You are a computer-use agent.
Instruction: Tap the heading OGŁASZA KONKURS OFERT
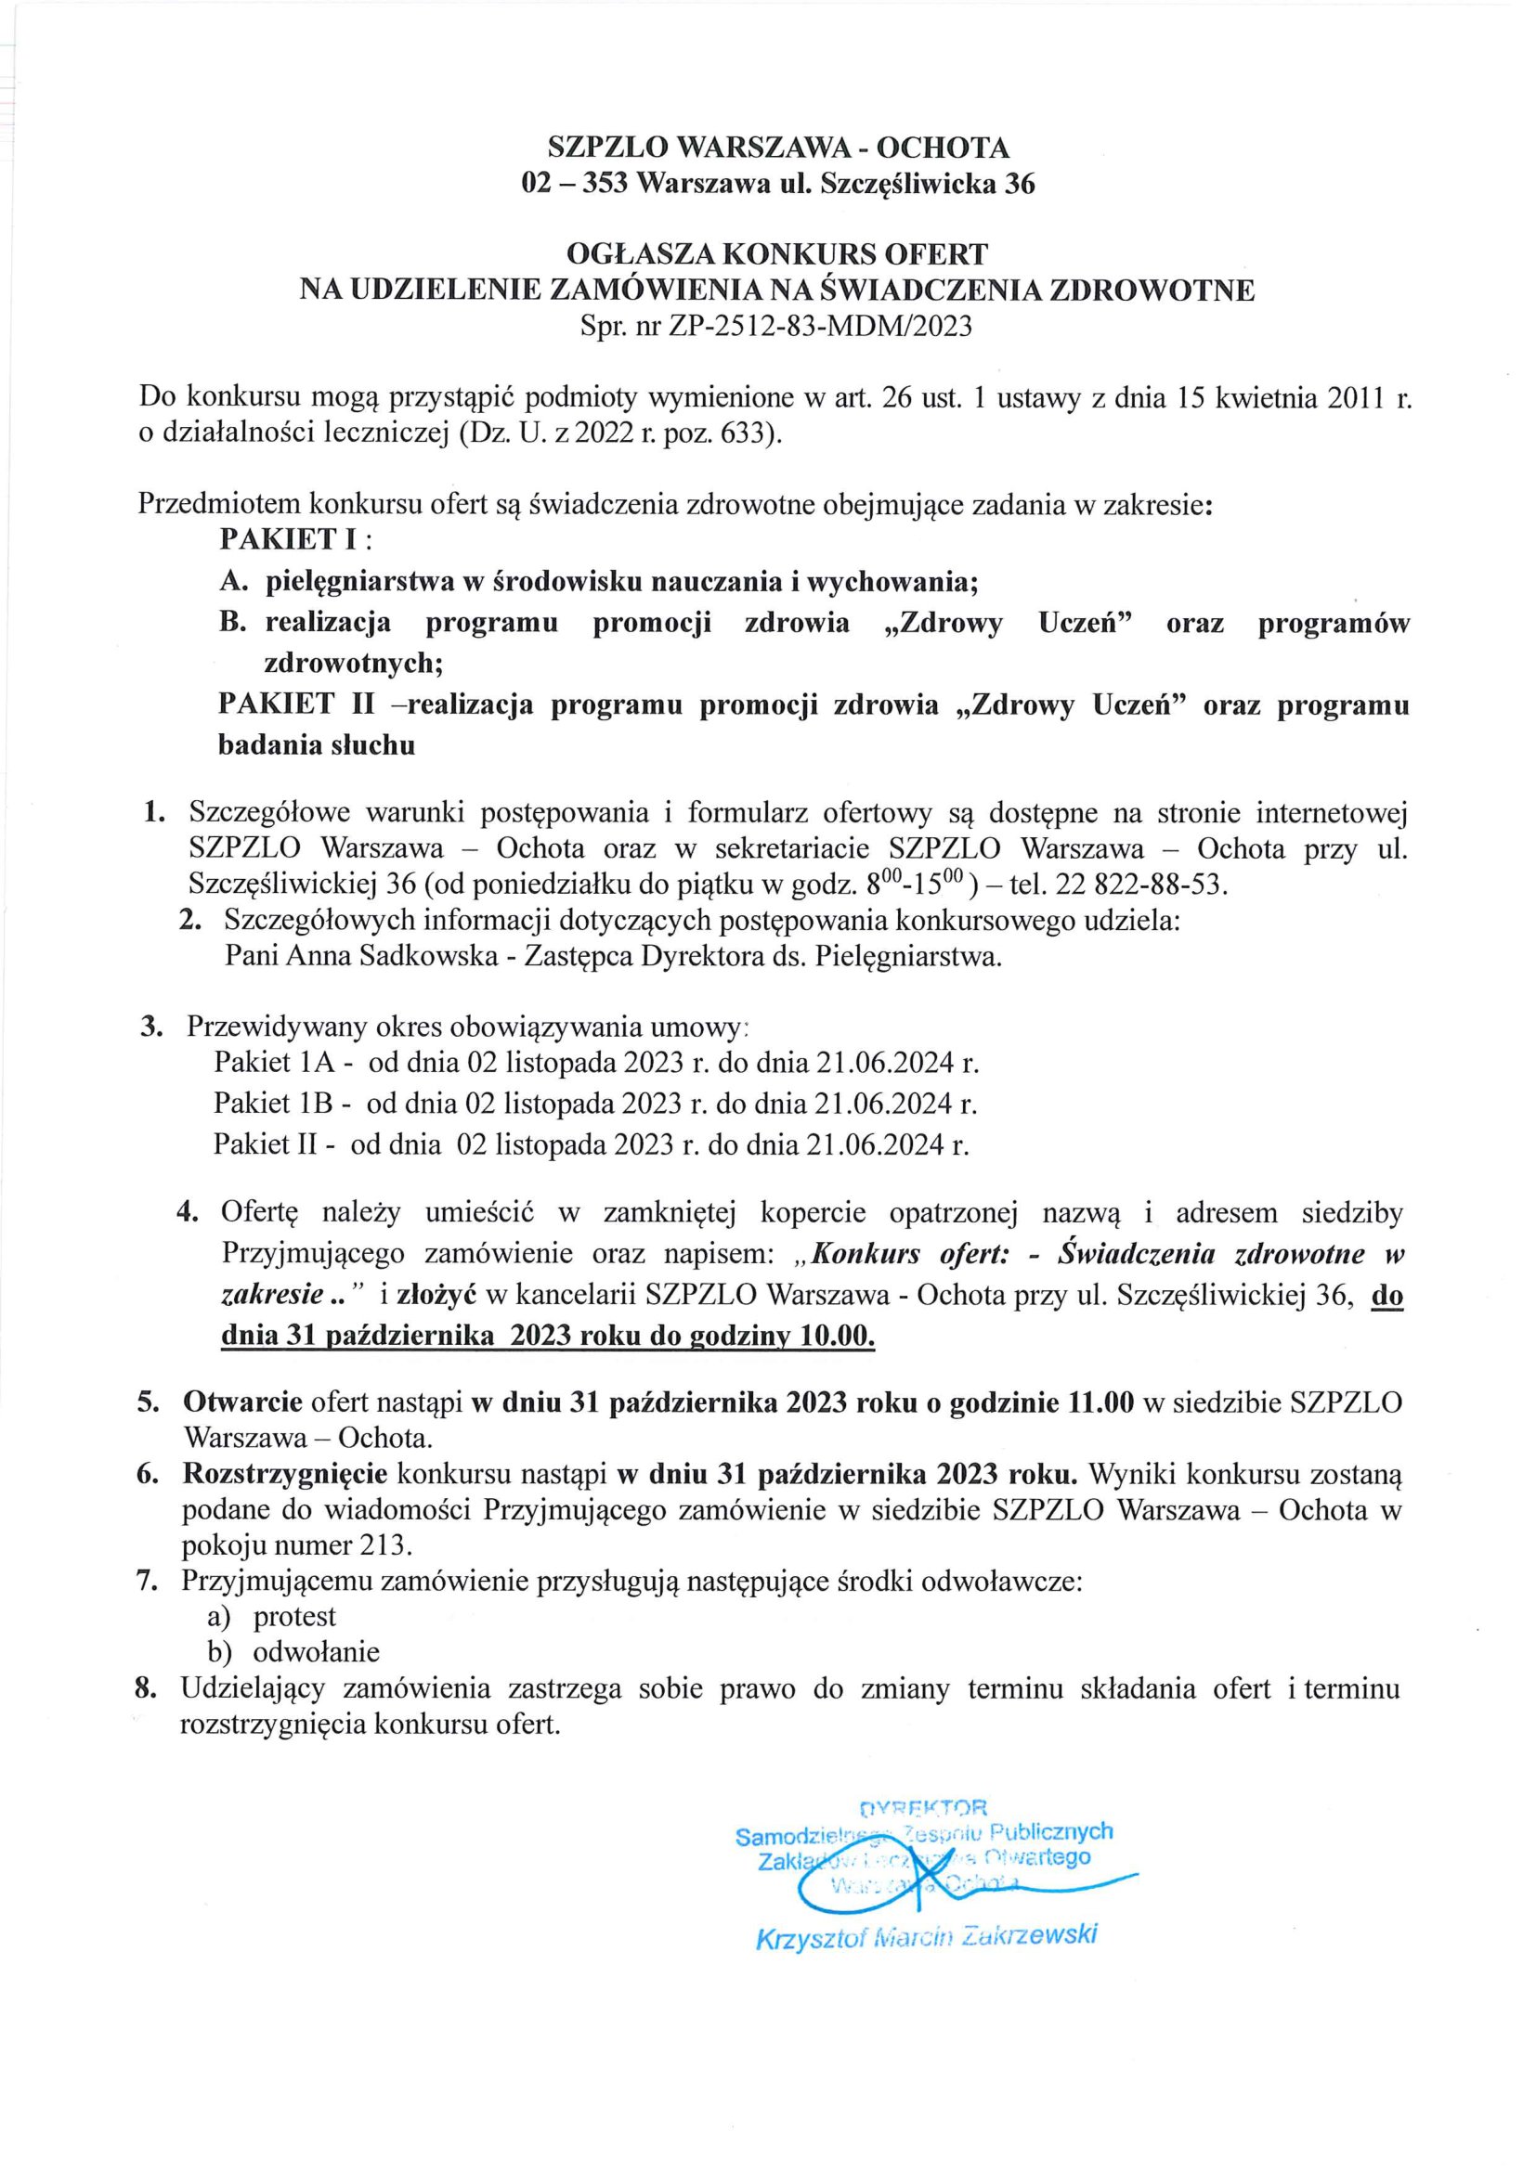tap(776, 253)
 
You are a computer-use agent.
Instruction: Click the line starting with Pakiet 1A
tap(596, 1063)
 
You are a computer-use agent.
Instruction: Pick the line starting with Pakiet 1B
tap(595, 1104)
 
